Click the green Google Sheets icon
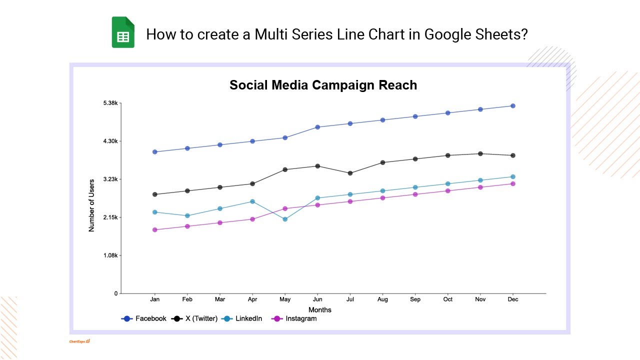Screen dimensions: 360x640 click(x=123, y=32)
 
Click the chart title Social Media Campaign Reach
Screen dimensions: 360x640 click(x=323, y=85)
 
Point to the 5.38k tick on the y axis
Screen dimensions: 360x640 click(x=110, y=103)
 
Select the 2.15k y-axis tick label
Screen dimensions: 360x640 click(x=110, y=217)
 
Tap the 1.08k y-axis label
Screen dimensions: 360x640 click(x=110, y=255)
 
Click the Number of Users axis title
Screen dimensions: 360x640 click(x=91, y=205)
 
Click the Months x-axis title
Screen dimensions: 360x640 click(x=319, y=309)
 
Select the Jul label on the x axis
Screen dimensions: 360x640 click(x=350, y=299)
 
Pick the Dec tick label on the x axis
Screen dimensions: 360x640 click(x=513, y=299)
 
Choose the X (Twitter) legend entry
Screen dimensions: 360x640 click(x=195, y=318)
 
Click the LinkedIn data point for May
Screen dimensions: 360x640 click(x=285, y=219)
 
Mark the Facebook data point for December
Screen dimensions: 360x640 click(x=513, y=106)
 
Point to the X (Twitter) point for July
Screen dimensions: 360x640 click(x=350, y=173)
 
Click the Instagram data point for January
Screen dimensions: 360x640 click(x=155, y=230)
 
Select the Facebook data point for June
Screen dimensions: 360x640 click(x=317, y=127)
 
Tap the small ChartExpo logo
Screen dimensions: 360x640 click(x=79, y=341)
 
